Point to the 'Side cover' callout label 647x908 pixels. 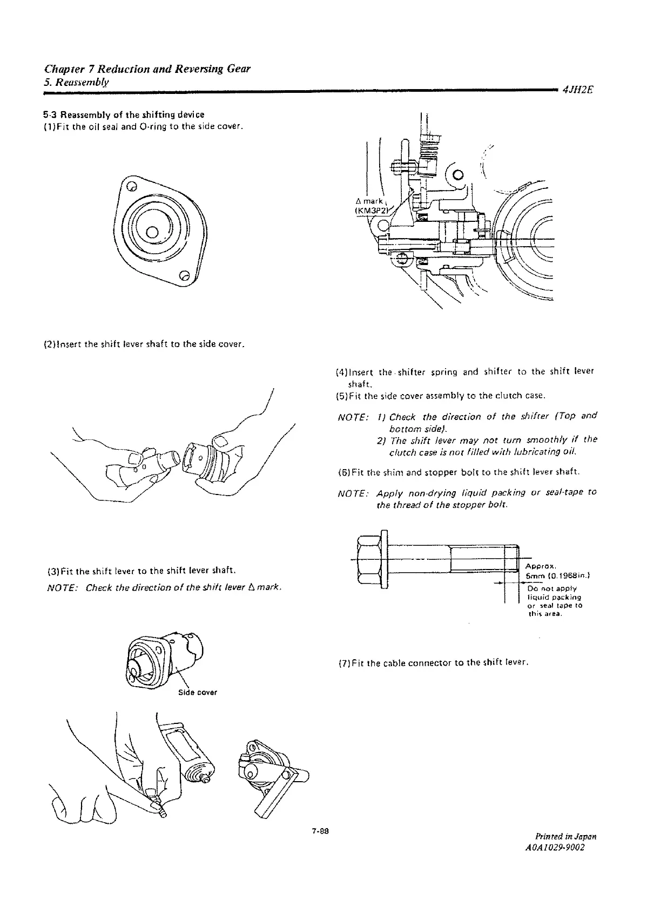[198, 693]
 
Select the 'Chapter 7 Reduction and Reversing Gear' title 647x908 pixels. [146, 70]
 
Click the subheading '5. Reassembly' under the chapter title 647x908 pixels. [77, 82]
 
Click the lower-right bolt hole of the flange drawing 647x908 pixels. [184, 276]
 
